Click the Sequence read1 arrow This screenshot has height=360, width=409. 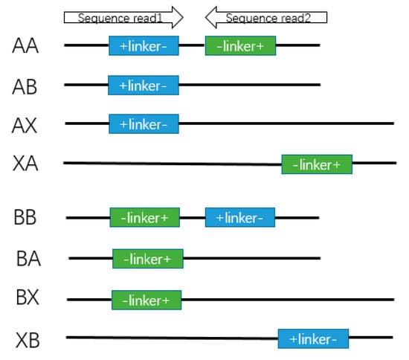pyautogui.click(x=123, y=16)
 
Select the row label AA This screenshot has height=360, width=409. pyautogui.click(x=25, y=46)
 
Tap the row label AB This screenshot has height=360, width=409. pyautogui.click(x=25, y=86)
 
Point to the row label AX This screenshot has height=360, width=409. pyautogui.click(x=25, y=124)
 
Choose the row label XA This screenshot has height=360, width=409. pyautogui.click(x=25, y=164)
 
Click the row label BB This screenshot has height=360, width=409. pyautogui.click(x=25, y=218)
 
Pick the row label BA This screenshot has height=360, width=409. pyautogui.click(x=28, y=259)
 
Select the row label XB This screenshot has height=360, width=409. pyautogui.click(x=28, y=341)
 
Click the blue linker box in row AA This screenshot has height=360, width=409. pyautogui.click(x=144, y=45)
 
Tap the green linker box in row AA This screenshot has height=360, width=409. pyautogui.click(x=240, y=45)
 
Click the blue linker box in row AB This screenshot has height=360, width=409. pyautogui.click(x=143, y=85)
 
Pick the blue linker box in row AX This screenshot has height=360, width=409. pyautogui.click(x=144, y=123)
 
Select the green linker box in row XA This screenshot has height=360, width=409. pyautogui.click(x=316, y=164)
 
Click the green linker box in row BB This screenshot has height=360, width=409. pyautogui.click(x=144, y=218)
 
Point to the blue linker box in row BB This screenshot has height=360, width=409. pyautogui.click(x=240, y=218)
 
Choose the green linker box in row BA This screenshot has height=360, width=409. pyautogui.click(x=147, y=259)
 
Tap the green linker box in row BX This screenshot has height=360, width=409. pyautogui.click(x=146, y=300)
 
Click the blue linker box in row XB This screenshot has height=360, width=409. pyautogui.click(x=313, y=339)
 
